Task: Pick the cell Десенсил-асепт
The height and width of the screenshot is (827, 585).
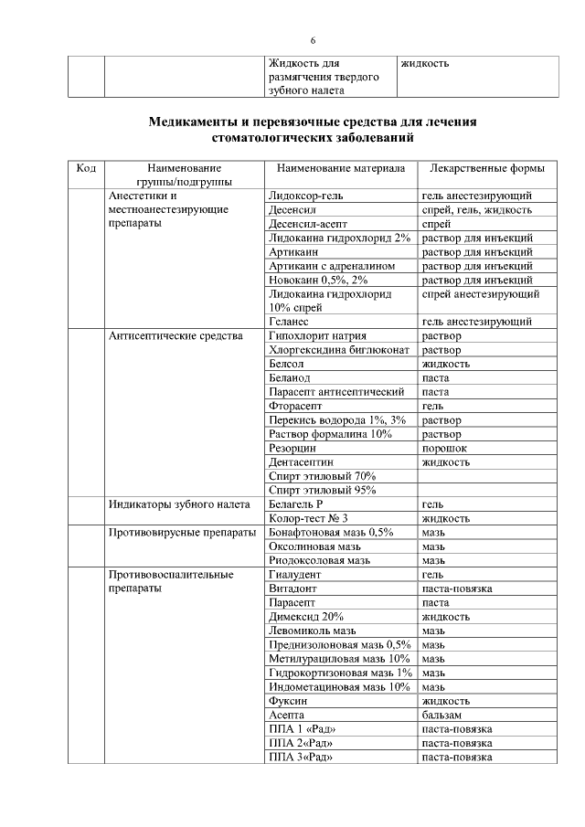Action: coord(309,223)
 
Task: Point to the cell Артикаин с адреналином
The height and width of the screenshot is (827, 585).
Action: coord(332,265)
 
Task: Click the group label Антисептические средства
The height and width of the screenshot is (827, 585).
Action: coord(175,335)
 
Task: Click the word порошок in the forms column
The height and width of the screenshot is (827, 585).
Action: coord(444,448)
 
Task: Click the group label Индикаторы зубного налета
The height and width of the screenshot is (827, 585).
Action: coord(177,504)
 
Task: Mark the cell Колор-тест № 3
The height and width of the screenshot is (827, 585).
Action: coord(309,518)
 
